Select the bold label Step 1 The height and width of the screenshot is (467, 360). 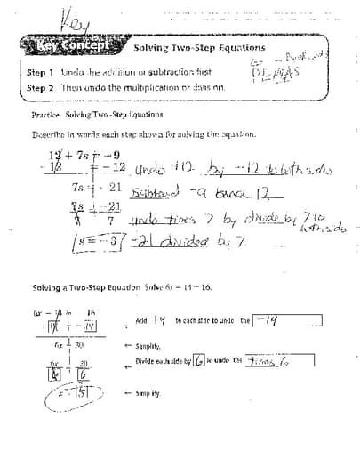[x=41, y=72]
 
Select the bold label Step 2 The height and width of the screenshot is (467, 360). [x=41, y=88]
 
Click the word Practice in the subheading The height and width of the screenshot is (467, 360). [x=45, y=116]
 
